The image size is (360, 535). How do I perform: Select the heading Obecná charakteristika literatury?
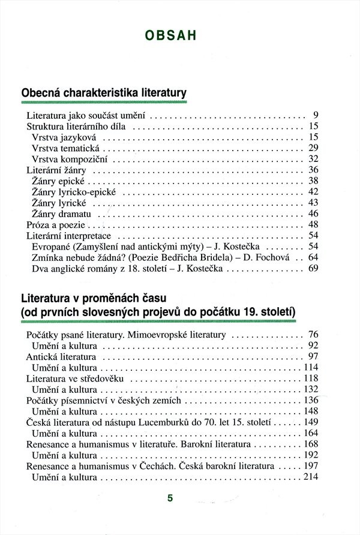pyautogui.click(x=104, y=93)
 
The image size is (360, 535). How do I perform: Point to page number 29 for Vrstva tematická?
pyautogui.click(x=313, y=148)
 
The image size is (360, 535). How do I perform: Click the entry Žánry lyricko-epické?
pyautogui.click(x=74, y=192)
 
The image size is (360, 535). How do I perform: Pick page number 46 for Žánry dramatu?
pyautogui.click(x=313, y=214)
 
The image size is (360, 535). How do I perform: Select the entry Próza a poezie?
pyautogui.click(x=57, y=225)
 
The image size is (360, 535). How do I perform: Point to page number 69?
pyautogui.click(x=313, y=269)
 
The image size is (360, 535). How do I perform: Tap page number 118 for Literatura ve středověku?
pyautogui.click(x=310, y=378)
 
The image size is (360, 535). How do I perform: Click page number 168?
pyautogui.click(x=310, y=444)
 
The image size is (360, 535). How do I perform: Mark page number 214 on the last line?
pyautogui.click(x=310, y=477)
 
